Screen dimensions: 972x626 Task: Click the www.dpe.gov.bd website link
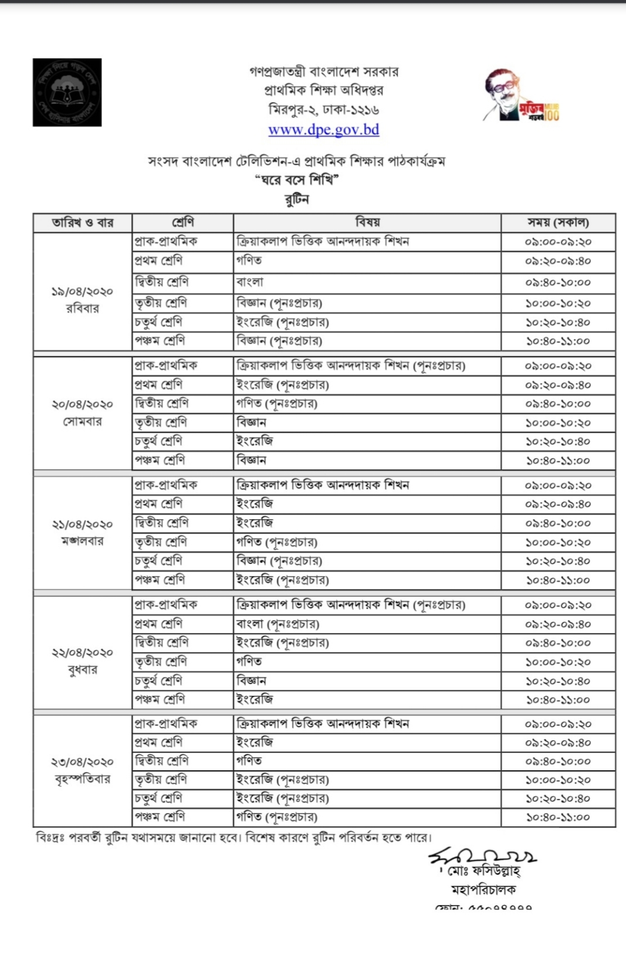point(323,130)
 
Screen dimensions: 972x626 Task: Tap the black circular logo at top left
point(67,92)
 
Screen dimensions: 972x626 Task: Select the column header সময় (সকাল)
point(558,222)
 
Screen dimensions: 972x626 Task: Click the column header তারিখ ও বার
point(83,223)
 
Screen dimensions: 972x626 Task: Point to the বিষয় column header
point(367,222)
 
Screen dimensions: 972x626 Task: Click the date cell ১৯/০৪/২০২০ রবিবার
point(83,299)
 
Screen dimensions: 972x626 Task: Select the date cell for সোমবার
point(83,412)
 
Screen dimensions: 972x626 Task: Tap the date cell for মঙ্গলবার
point(83,532)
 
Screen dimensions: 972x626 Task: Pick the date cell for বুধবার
point(83,661)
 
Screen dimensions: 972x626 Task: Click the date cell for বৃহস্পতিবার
point(83,770)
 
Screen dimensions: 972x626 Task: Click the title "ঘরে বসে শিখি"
point(297,180)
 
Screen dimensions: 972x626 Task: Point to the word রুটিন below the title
point(297,199)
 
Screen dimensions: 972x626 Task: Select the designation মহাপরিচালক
point(483,890)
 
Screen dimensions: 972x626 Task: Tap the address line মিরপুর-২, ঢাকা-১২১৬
point(323,110)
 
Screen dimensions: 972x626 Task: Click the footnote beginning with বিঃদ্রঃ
point(234,837)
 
